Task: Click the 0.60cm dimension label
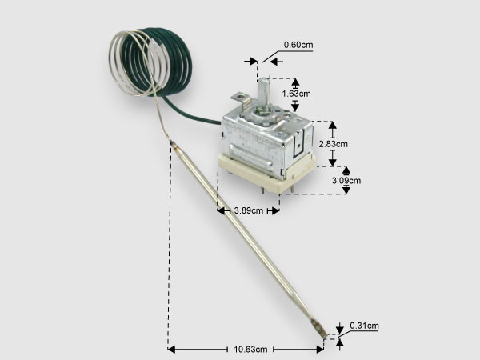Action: [298, 45]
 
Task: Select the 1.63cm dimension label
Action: [296, 94]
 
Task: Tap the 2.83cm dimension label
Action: [334, 144]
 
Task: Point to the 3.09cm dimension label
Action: [346, 181]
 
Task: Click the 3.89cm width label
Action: [249, 210]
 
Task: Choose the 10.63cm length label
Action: [250, 350]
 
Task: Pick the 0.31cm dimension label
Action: [364, 326]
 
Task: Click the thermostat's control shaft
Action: [262, 93]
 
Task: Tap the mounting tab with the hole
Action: [240, 99]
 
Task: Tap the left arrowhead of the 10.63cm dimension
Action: [171, 349]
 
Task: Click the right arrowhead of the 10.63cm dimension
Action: [320, 349]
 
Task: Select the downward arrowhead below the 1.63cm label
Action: [295, 107]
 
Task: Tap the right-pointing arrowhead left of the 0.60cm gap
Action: [254, 62]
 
